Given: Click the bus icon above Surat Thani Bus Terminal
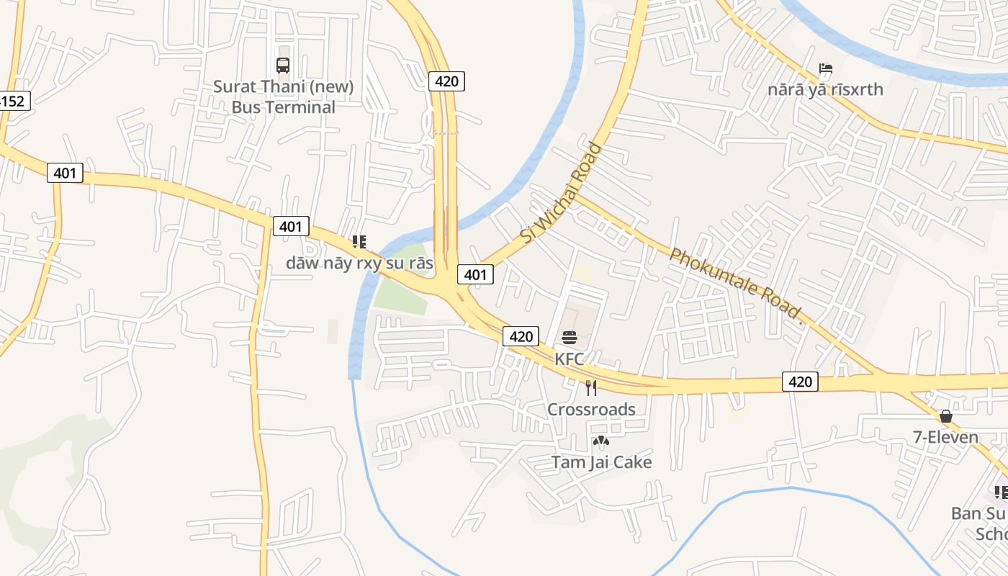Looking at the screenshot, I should click(x=283, y=66).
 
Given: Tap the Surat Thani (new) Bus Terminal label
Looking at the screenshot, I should click(x=284, y=97).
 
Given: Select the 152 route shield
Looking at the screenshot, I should click(x=13, y=101).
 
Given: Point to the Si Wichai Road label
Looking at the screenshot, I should click(x=561, y=193).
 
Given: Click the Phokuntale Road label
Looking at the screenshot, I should click(x=735, y=284).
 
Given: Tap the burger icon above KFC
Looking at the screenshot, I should click(x=570, y=338).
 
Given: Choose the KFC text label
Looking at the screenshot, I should click(x=569, y=359).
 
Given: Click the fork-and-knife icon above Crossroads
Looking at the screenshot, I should click(x=591, y=389).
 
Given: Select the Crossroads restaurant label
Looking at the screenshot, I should click(x=591, y=410).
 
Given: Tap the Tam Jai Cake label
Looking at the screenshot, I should click(x=601, y=462).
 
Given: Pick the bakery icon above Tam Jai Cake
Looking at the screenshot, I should click(x=600, y=441).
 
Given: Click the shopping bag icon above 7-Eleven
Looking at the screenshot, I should click(x=945, y=417).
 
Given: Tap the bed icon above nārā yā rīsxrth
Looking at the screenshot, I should click(x=825, y=69).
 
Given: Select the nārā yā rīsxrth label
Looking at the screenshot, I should click(x=825, y=90).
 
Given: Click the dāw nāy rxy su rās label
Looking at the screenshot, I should click(x=359, y=264).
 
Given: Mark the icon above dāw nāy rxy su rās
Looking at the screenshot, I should click(x=359, y=242).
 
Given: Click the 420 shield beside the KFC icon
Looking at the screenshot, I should click(x=521, y=336).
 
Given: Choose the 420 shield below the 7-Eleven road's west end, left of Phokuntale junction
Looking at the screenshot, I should click(x=800, y=382).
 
